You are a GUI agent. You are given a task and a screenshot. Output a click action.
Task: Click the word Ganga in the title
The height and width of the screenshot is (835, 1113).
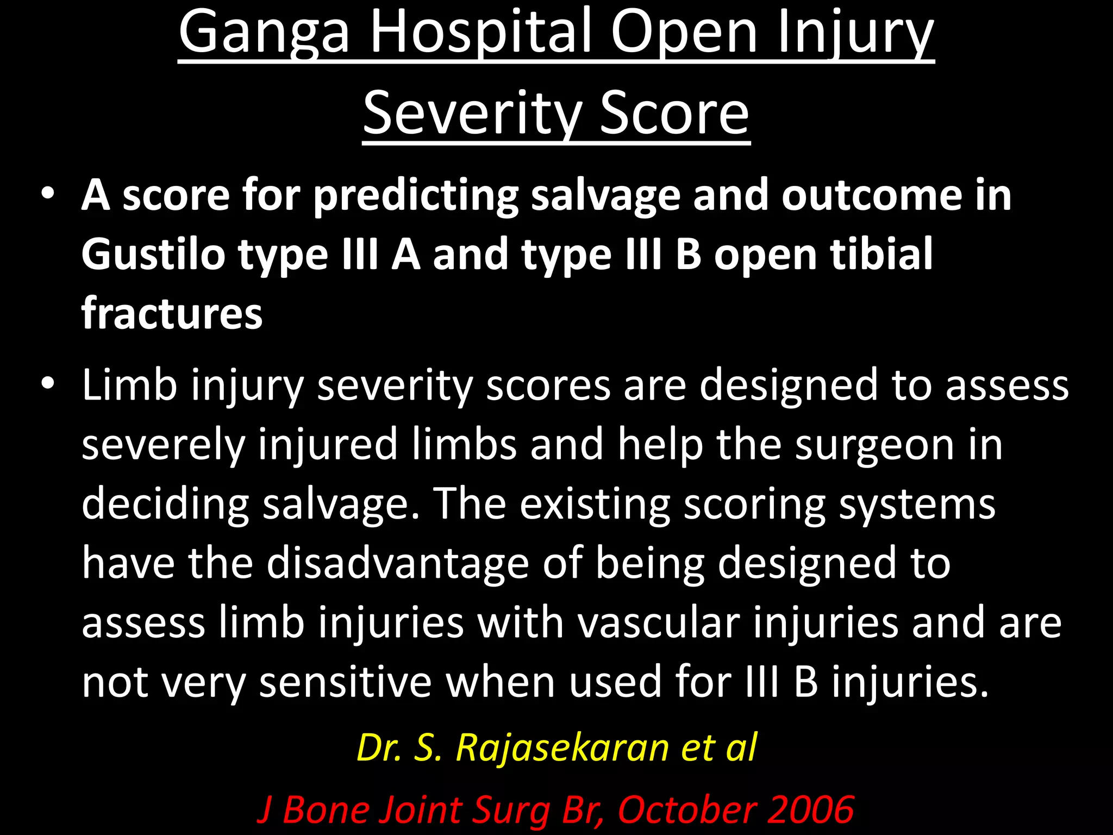pyautogui.click(x=264, y=34)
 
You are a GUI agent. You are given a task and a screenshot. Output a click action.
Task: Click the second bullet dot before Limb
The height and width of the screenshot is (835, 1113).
pyautogui.click(x=48, y=384)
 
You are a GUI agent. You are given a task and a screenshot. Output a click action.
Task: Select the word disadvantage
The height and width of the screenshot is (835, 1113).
pyautogui.click(x=397, y=563)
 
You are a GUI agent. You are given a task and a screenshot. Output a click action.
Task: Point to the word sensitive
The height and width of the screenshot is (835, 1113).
pyautogui.click(x=345, y=683)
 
